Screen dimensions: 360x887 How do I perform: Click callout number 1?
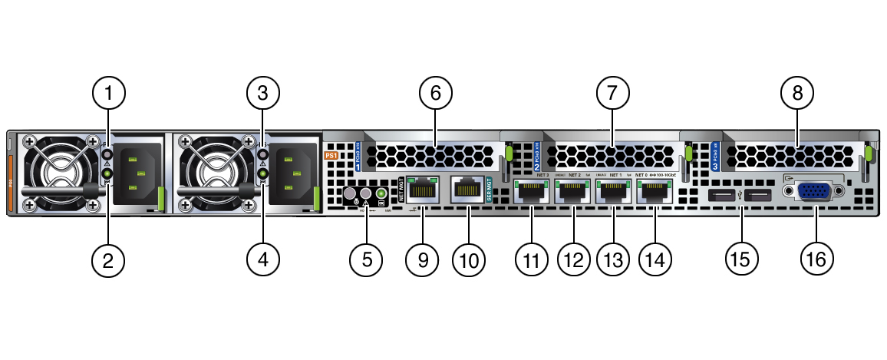(108, 94)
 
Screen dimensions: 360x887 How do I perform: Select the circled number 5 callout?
(368, 259)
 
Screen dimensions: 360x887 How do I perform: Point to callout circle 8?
(797, 94)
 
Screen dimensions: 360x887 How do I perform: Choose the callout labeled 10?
(469, 259)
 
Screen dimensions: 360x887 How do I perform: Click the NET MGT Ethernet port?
(420, 190)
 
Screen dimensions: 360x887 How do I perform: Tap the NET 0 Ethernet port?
(655, 193)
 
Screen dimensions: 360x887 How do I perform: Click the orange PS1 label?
(331, 155)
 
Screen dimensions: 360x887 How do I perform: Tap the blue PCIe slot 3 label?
(715, 157)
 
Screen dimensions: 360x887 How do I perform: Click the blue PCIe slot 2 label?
(537, 157)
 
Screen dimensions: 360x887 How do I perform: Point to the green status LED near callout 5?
(381, 194)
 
